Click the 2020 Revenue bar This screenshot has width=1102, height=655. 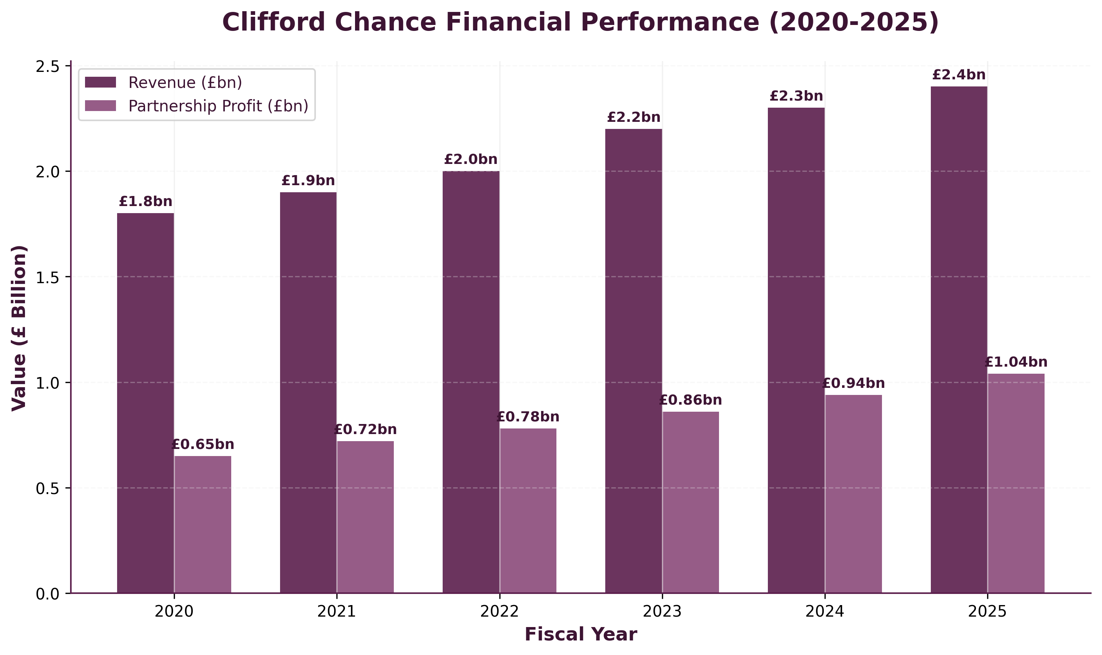click(x=145, y=403)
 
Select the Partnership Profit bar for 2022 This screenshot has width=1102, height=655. click(x=528, y=511)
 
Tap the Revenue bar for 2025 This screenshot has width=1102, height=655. click(x=958, y=339)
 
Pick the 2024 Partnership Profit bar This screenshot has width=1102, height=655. click(x=853, y=494)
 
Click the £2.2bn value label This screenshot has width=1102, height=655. click(x=633, y=117)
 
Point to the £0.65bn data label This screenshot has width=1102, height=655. click(x=203, y=444)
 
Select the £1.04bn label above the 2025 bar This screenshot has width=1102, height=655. click(x=1016, y=363)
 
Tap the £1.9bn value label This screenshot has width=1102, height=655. click(x=308, y=181)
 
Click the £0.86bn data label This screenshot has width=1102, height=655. click(x=690, y=400)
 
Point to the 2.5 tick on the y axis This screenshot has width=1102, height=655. click(x=49, y=67)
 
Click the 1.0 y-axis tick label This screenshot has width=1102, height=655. click(x=49, y=383)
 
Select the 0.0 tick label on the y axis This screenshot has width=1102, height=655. click(x=49, y=594)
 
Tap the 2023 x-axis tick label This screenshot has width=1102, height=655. click(x=662, y=612)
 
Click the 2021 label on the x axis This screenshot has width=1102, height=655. click(x=336, y=612)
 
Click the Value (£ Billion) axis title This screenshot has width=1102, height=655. click(x=19, y=328)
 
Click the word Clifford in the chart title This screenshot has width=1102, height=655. click(x=273, y=22)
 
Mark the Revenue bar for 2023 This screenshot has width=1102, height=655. click(x=633, y=361)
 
